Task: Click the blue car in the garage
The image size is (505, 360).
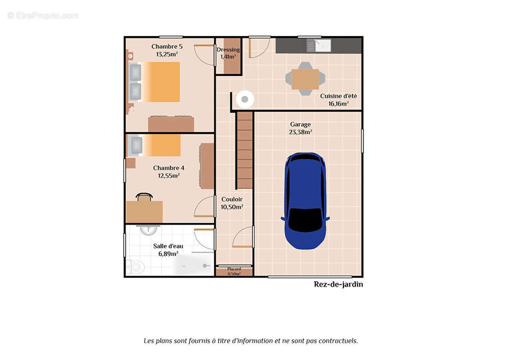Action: pos(305,201)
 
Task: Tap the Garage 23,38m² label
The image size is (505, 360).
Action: pos(300,128)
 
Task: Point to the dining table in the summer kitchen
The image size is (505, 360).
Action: pos(305,79)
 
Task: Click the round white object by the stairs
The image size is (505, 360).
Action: pos(245,99)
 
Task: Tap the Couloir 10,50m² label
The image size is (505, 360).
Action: pos(232,203)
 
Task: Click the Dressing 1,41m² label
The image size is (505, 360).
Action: pos(228,53)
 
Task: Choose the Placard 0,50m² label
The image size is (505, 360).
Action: pos(234,271)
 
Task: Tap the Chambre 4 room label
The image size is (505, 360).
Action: pos(168,171)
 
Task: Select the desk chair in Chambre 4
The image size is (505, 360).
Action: pos(144,197)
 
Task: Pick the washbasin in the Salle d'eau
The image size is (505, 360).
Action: pos(148,229)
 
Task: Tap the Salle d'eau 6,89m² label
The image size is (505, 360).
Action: pos(168,250)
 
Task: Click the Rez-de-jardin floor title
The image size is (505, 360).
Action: pos(338,284)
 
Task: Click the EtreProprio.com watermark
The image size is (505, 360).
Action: pos(43,16)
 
